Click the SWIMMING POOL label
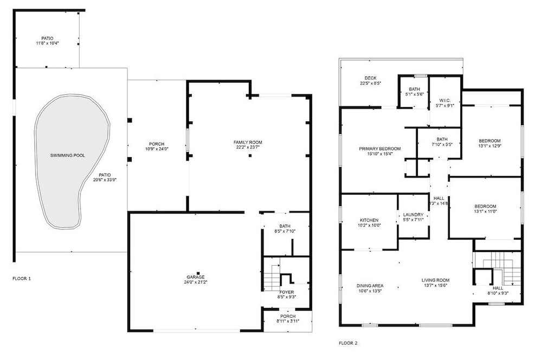tap(67, 156)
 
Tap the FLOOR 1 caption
tap(22, 278)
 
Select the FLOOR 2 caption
tap(348, 343)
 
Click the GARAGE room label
tap(196, 277)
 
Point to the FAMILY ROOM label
tap(248, 142)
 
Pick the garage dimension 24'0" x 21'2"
tap(196, 282)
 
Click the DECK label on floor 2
tap(371, 78)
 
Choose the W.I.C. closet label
tap(444, 100)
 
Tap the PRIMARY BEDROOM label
tap(380, 149)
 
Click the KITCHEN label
tap(369, 220)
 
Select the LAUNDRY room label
tap(413, 215)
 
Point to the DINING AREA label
tap(370, 286)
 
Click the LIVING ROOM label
tap(436, 280)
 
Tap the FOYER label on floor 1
tap(287, 292)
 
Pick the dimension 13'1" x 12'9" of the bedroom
tap(490, 146)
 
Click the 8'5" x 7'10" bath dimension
tap(285, 231)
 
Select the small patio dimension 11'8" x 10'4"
tap(47, 43)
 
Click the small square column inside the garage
tap(198, 273)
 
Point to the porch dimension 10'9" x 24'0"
tap(157, 149)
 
